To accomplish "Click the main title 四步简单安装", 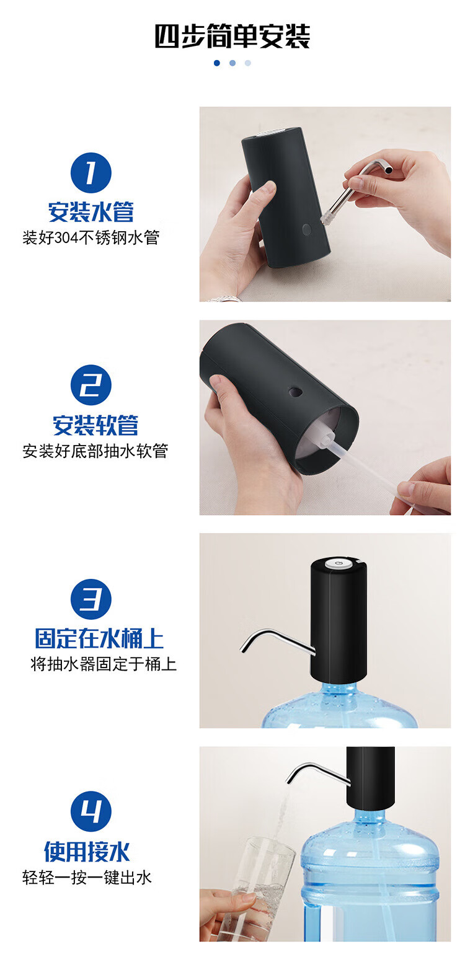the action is click(232, 36).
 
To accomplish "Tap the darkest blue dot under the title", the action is click(217, 63).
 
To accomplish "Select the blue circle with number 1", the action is click(91, 173).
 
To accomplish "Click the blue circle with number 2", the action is click(91, 385).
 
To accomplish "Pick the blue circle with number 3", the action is click(91, 599).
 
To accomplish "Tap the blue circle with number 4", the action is click(91, 812).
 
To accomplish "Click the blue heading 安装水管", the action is click(91, 212).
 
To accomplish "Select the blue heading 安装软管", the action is click(95, 425).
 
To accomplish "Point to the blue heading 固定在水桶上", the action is click(99, 638).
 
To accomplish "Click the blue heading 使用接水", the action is click(87, 852).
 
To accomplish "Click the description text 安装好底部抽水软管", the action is click(95, 451).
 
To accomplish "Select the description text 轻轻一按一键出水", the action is click(87, 878).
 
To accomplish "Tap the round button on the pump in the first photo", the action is click(306, 229).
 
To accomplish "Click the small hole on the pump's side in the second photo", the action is click(295, 392).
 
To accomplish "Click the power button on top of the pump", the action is click(339, 563).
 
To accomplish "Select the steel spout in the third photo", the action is click(276, 641).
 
